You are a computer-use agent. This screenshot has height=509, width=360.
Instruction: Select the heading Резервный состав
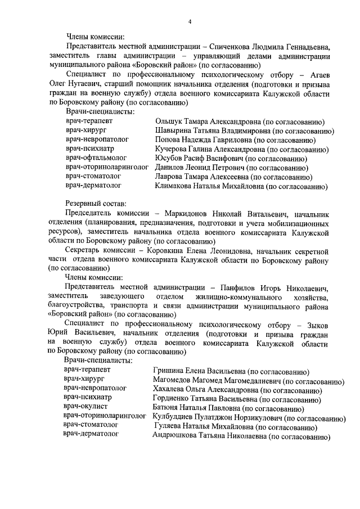pos(96,204)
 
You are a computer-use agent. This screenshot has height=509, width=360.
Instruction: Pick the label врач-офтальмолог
pos(97,158)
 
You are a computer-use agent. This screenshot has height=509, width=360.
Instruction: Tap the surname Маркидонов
pos(191,213)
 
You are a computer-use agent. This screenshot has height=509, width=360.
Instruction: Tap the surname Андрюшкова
pos(177,436)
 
